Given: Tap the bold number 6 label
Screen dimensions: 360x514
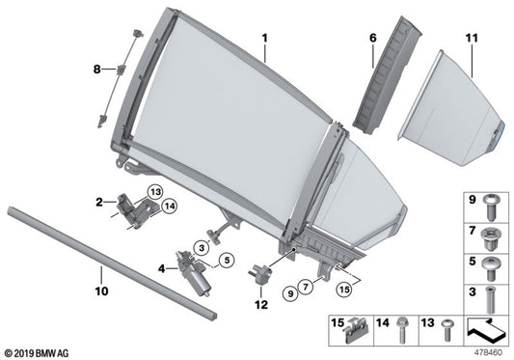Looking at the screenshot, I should (372, 39).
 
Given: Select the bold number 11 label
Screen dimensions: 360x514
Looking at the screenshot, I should (472, 39).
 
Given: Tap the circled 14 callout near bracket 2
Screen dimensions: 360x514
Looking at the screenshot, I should (170, 206).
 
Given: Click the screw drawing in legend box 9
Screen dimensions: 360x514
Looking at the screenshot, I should (491, 205).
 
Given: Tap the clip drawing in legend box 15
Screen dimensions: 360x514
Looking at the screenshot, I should (359, 329).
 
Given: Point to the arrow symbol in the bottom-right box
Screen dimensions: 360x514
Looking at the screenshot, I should (485, 329).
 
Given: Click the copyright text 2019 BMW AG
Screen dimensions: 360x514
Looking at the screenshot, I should (40, 353).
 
